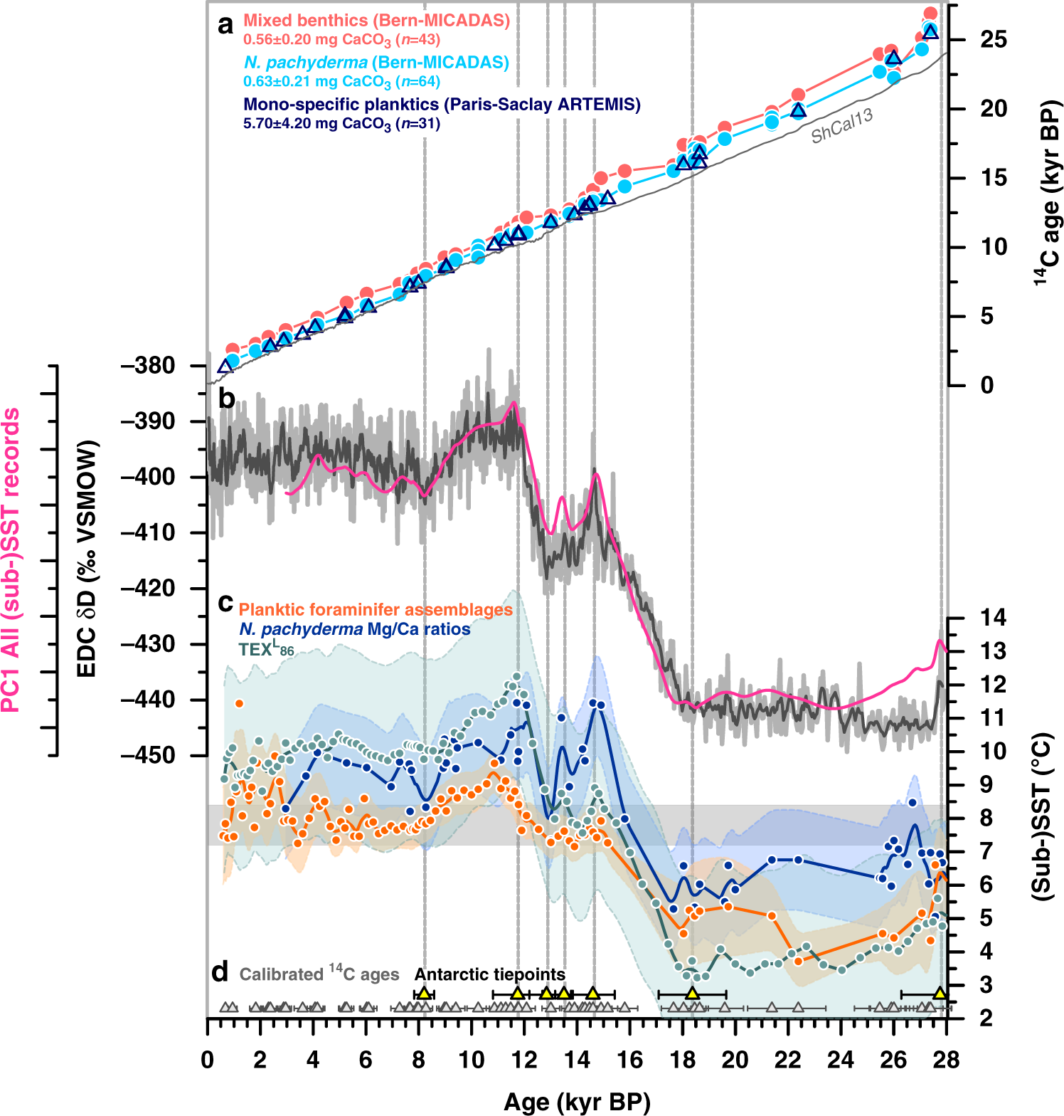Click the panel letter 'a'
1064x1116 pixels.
pyautogui.click(x=225, y=26)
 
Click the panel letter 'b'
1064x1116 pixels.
pyautogui.click(x=226, y=399)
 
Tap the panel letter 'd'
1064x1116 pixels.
pyautogui.click(x=220, y=972)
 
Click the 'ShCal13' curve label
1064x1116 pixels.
pyautogui.click(x=842, y=126)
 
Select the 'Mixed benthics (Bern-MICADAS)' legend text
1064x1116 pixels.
pyautogui.click(x=376, y=21)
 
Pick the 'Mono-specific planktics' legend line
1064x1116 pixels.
pyautogui.click(x=442, y=105)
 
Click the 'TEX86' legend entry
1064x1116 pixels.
pyautogui.click(x=265, y=649)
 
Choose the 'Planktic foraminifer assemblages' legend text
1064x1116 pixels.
pyautogui.click(x=376, y=610)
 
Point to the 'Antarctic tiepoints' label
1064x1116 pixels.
pyautogui.click(x=490, y=974)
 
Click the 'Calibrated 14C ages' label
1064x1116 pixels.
pyautogui.click(x=319, y=974)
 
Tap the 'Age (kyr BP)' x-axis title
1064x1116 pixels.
pyautogui.click(x=577, y=1102)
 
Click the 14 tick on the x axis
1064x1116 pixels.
pyautogui.click(x=577, y=1060)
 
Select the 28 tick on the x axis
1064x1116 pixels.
pyautogui.click(x=947, y=1060)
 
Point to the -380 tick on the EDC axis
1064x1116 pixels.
pyautogui.click(x=148, y=366)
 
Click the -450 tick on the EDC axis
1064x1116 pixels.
pyautogui.click(x=148, y=755)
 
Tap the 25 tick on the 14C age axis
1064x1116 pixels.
pyautogui.click(x=993, y=40)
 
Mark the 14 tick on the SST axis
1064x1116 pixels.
pyautogui.click(x=993, y=618)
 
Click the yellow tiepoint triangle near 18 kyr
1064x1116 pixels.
pyautogui.click(x=692, y=993)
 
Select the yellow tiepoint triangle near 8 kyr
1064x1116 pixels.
pyautogui.click(x=424, y=993)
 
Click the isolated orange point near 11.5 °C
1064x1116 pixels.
pyautogui.click(x=239, y=703)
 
